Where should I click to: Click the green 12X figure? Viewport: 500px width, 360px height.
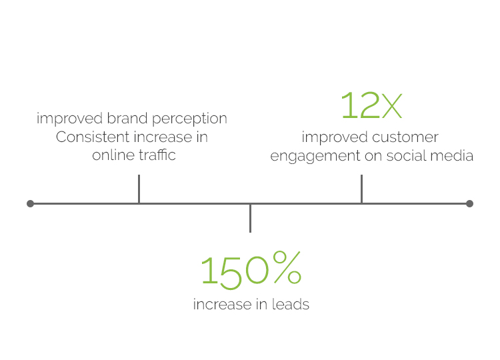coord(371,105)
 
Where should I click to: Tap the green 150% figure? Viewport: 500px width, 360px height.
coord(251,270)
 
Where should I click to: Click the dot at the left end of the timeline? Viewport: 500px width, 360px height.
coord(30,203)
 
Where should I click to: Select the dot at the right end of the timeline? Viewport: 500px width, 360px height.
coord(469,203)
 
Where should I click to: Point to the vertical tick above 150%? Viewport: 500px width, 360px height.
coord(250,219)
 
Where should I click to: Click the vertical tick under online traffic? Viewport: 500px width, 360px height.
coord(139,189)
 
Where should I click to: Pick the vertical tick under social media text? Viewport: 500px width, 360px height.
coord(361,189)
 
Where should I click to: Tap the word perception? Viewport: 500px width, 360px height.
coord(189,119)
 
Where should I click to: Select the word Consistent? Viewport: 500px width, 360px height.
coord(93,137)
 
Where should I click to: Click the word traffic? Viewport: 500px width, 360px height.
coord(157,155)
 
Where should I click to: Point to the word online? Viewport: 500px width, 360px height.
coord(113,155)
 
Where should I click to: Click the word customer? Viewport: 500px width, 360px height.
coord(405,137)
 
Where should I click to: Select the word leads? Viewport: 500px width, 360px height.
coord(291,304)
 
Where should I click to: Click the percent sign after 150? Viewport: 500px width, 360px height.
coord(287,267)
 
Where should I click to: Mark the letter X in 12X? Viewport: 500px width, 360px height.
coord(391,107)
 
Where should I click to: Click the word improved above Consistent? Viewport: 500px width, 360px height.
coord(69,119)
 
